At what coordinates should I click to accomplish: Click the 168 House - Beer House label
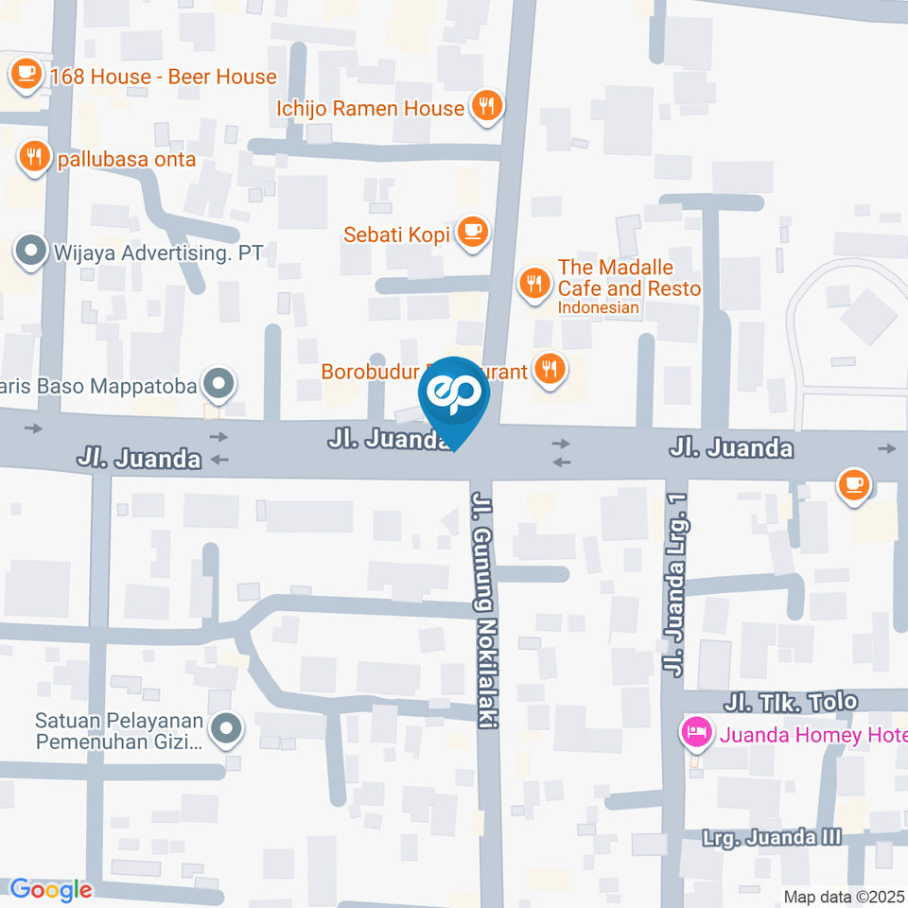coord(164,77)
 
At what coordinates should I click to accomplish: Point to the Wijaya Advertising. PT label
coord(158,253)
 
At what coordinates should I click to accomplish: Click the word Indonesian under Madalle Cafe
coord(598,308)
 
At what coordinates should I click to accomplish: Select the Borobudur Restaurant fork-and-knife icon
coord(549,368)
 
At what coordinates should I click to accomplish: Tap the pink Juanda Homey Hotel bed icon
coord(697,732)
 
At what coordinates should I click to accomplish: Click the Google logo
coord(50,889)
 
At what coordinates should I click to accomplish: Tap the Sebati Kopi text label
coord(397,233)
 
